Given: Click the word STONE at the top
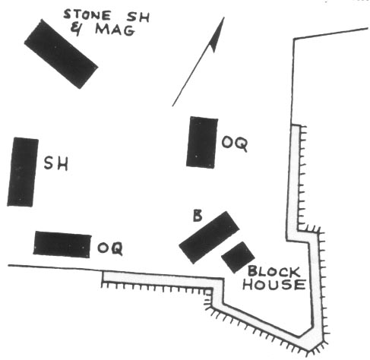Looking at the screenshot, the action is pos(87,15).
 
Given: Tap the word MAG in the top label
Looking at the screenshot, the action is pos(115,30).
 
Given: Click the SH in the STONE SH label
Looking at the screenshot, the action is pos(138,17).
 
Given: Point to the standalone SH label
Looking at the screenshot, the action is pos(56,163).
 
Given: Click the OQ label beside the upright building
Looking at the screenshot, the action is pos(235,144).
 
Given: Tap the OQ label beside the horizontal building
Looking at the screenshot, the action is pos(110,248).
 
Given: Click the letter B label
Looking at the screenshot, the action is pos(198,216).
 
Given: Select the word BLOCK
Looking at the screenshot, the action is pos(274,272).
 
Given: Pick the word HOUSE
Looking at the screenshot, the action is pos(274,285).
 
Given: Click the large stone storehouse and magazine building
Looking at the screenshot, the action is pos(61,54).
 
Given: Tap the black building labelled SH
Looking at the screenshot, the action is pos(23,172).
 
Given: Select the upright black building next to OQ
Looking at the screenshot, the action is pos(202,142).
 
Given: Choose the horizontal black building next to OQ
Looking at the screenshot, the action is pos(62,245).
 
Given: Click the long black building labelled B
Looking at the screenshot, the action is pos(209,238).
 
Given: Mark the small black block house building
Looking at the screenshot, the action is pos(238,257).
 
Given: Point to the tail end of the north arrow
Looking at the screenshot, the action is pos(172,106).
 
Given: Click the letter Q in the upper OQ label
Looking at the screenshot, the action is pos(242,144).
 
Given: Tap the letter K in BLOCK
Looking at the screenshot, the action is pos(295,272).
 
